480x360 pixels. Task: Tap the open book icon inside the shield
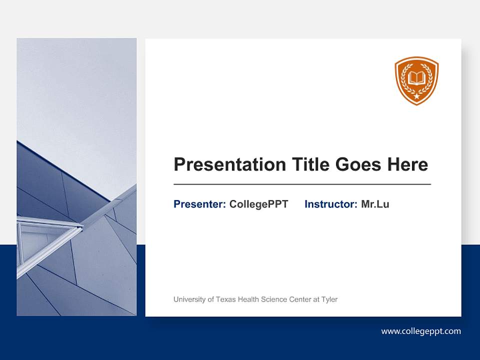click(x=416, y=78)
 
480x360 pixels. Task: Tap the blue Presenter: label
click(x=199, y=204)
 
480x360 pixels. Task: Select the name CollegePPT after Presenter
click(x=258, y=204)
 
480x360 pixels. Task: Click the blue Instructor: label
click(x=330, y=204)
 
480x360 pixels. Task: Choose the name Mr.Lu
click(x=375, y=204)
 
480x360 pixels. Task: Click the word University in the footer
click(x=189, y=299)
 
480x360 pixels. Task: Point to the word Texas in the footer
click(x=226, y=299)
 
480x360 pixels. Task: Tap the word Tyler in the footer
click(x=329, y=299)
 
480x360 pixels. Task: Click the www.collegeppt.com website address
click(x=421, y=331)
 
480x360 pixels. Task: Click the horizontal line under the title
click(x=302, y=184)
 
